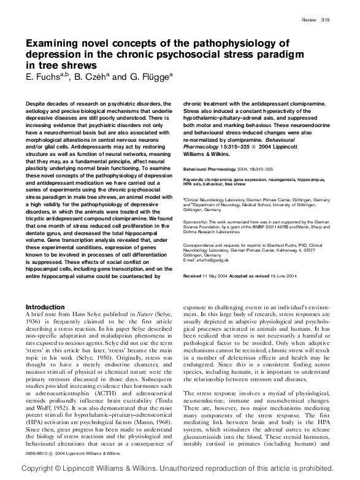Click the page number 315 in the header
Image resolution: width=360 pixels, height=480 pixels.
point(326,20)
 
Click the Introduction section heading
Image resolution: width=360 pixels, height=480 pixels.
point(49,306)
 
